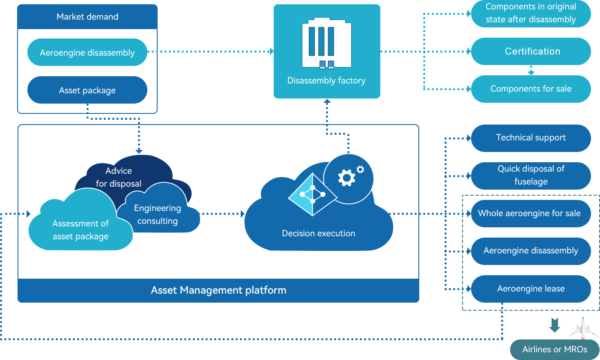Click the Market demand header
(x=87, y=17)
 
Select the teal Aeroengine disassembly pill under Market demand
(x=87, y=52)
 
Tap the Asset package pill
(x=87, y=90)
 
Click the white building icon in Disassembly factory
(x=327, y=43)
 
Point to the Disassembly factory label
(x=326, y=80)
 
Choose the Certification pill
(x=531, y=51)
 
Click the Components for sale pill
(x=531, y=89)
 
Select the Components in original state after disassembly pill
(x=531, y=13)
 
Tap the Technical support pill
(x=531, y=138)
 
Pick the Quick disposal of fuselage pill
(x=531, y=176)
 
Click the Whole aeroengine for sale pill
(x=531, y=214)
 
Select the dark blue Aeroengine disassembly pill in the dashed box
(x=531, y=251)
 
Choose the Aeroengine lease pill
(x=531, y=289)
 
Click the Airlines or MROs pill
(x=555, y=350)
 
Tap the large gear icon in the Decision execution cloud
(x=346, y=178)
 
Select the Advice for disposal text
(x=119, y=177)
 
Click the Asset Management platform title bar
(x=218, y=290)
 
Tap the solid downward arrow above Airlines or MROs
(x=555, y=325)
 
